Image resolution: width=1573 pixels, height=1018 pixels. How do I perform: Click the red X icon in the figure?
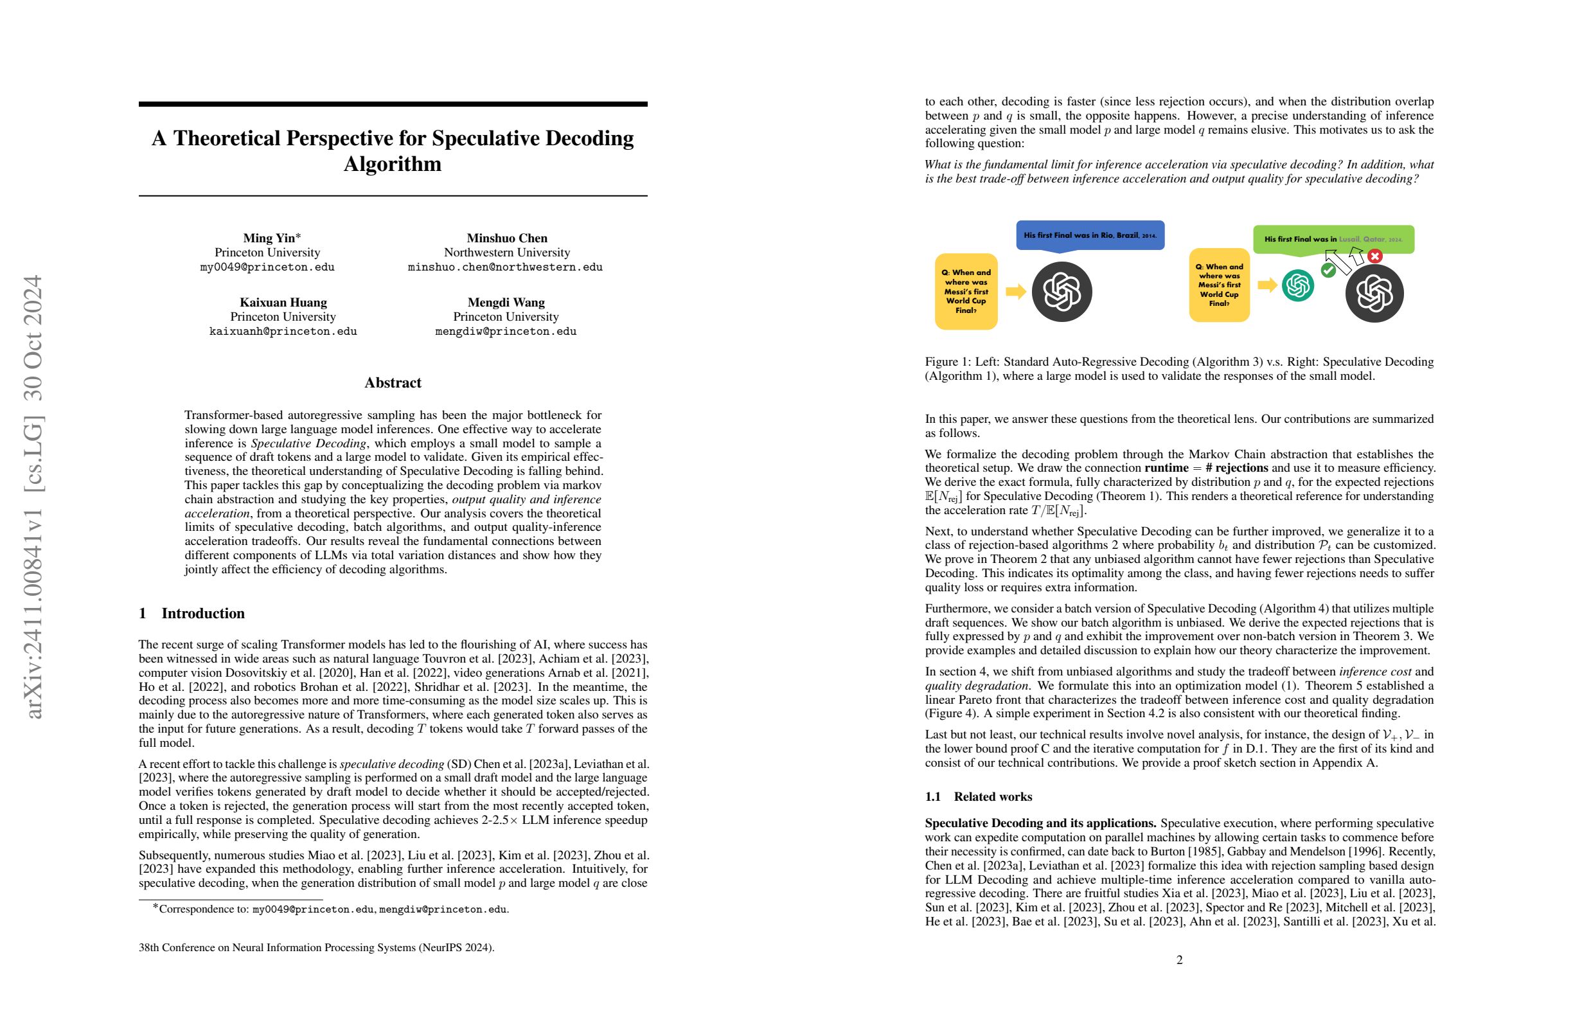[x=1374, y=256]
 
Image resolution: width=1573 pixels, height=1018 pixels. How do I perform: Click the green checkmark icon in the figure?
[x=1328, y=270]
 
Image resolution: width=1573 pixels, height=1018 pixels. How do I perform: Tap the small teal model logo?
[x=1297, y=285]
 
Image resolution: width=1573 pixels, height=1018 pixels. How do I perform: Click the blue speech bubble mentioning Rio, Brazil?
[x=1090, y=235]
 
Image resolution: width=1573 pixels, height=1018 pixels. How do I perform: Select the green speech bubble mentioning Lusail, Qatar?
[x=1333, y=239]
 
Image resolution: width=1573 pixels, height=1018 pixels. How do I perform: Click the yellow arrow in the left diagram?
[x=1015, y=292]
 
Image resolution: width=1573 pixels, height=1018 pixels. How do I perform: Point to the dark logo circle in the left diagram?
[x=1062, y=292]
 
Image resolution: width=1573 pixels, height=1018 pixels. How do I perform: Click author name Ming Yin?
[x=269, y=238]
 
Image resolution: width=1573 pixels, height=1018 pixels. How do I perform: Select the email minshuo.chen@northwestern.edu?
[x=505, y=267]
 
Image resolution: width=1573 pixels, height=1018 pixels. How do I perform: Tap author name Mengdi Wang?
[x=506, y=302]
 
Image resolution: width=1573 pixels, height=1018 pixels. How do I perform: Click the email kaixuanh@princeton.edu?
[x=283, y=331]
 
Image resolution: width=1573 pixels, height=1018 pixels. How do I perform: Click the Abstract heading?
[x=393, y=383]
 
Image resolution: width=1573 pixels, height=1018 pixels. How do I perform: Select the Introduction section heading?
[x=202, y=614]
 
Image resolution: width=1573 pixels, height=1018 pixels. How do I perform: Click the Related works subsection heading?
[x=992, y=796]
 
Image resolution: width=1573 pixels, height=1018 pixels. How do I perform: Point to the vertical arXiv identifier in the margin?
[x=33, y=496]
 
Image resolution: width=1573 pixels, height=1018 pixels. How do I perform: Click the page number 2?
[x=1179, y=960]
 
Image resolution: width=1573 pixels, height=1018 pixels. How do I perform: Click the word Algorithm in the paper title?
[x=393, y=164]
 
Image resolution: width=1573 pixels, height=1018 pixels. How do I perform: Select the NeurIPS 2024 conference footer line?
[x=316, y=947]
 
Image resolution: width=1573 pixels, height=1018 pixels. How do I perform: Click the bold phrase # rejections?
[x=1236, y=468]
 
